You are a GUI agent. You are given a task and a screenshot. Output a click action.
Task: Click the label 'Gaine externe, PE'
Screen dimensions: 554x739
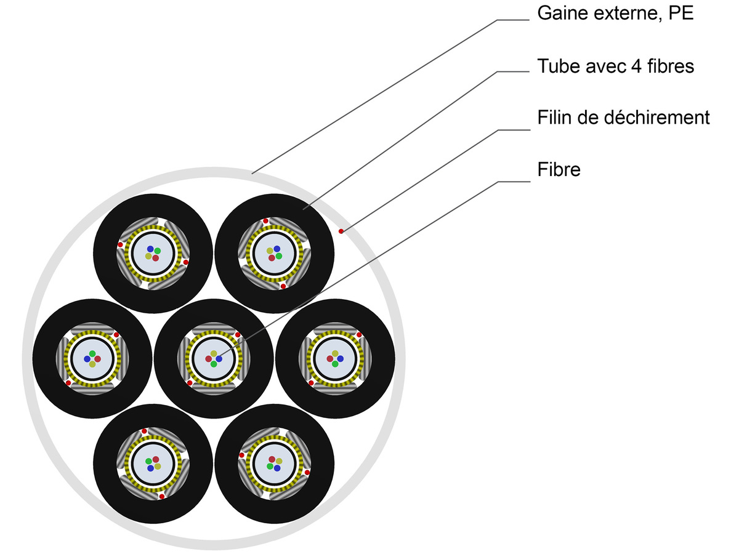pos(615,14)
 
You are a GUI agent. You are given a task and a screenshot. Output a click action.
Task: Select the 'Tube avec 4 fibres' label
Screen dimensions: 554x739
pos(615,66)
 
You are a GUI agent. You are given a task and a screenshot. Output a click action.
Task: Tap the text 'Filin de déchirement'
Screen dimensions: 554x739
pos(623,117)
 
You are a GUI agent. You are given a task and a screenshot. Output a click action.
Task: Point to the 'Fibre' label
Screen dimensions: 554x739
pos(559,169)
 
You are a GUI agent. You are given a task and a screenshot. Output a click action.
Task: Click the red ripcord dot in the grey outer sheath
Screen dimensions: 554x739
pos(341,231)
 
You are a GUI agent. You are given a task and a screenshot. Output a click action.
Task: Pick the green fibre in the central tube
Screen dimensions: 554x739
pos(214,364)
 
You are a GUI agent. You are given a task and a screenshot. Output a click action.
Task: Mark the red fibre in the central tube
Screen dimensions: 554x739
pos(209,359)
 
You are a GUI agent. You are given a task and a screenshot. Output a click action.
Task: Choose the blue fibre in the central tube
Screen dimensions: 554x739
pos(219,359)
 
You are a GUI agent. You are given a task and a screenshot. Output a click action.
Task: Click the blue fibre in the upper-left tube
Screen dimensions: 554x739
pos(150,249)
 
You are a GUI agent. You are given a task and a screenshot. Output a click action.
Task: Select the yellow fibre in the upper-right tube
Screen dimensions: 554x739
pos(270,251)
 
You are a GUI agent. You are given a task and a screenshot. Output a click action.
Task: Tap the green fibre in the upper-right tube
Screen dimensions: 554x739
pos(279,255)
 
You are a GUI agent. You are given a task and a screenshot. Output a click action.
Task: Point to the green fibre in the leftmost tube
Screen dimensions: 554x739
pos(92,354)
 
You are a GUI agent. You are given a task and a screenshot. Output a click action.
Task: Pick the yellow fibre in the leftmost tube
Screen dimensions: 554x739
pos(92,364)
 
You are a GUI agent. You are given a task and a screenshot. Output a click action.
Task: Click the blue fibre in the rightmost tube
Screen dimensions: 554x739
pos(340,358)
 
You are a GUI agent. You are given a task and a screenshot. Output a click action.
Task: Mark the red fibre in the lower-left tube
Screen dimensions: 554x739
pos(156,459)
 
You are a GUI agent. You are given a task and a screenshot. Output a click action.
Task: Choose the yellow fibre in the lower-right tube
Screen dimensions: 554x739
pos(279,460)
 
